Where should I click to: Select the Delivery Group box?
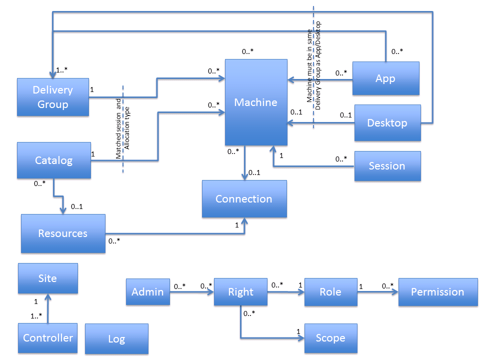53,97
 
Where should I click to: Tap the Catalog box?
54,160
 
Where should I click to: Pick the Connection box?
244,199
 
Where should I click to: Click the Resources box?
63,233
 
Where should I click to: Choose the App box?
385,78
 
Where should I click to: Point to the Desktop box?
387,123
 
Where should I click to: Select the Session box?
387,166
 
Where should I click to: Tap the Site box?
48,278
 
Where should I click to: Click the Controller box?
48,338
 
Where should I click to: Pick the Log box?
116,339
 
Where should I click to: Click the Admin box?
147,292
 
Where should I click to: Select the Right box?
240,292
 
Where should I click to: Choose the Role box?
330,292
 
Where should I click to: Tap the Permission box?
437,292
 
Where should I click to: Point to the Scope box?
330,338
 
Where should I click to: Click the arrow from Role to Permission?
378,292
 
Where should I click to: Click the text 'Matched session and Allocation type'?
122,129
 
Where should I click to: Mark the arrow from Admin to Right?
192,292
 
